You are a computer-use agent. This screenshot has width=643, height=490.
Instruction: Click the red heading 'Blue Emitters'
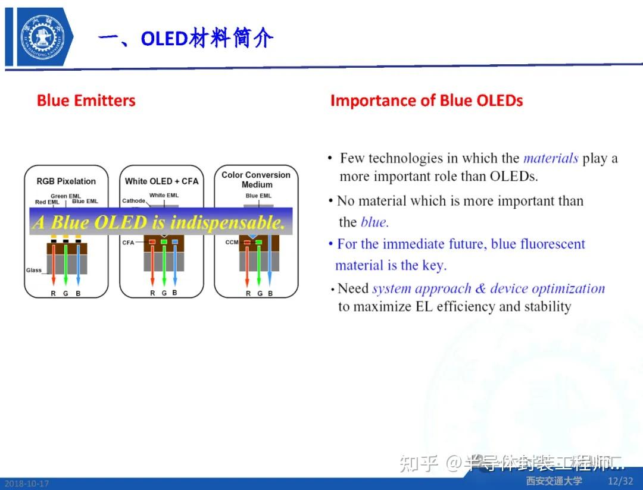(x=86, y=100)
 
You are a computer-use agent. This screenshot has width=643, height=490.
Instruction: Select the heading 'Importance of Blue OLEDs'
(x=426, y=100)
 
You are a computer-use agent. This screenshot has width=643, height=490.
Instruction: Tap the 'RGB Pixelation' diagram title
(x=66, y=181)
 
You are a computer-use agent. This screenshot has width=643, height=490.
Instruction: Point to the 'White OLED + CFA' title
(x=161, y=181)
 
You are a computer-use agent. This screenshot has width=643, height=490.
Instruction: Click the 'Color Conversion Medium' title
(x=256, y=180)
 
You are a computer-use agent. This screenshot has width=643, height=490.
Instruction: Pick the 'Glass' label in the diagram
(x=34, y=270)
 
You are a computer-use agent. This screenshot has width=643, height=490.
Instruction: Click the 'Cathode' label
(x=133, y=201)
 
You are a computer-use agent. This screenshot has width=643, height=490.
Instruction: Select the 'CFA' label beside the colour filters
(x=128, y=243)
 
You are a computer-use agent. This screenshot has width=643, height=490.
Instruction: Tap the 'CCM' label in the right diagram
(x=232, y=243)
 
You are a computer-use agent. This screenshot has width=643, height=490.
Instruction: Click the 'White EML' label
(x=164, y=196)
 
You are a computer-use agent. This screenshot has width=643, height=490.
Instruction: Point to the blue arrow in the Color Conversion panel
(x=270, y=262)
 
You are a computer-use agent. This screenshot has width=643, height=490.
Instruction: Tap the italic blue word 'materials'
(x=550, y=158)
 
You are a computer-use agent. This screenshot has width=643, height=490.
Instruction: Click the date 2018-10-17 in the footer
(x=25, y=483)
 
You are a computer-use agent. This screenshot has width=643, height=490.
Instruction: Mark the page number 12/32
(x=620, y=480)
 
